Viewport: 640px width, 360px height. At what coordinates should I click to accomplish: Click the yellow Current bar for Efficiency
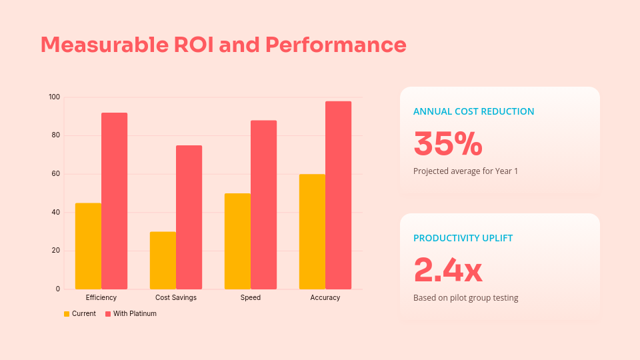88,246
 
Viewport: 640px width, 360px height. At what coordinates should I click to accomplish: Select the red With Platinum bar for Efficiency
114,201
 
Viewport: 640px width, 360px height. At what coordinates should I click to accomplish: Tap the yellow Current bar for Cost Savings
163,260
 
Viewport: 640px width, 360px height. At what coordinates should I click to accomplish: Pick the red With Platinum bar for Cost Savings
189,217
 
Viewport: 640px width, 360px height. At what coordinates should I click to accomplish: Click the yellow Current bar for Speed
237,241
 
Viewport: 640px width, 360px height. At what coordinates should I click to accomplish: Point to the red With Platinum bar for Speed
263,205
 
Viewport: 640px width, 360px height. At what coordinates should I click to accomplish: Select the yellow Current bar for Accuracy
312,231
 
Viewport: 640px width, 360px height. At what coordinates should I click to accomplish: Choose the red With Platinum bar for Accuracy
338,195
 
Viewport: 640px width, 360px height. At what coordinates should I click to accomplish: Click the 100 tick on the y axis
54,97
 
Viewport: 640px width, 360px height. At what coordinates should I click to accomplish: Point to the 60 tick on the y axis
56,174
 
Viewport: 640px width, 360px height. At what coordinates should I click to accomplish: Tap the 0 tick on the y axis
58,289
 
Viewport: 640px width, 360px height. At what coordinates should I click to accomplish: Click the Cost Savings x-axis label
176,297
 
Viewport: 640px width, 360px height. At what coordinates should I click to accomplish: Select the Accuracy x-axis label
325,297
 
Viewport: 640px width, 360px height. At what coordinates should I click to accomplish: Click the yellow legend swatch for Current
67,314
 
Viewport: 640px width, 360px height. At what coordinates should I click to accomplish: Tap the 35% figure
447,143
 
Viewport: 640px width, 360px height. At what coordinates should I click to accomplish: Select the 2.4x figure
447,270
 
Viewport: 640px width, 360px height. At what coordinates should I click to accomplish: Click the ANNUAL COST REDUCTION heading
473,111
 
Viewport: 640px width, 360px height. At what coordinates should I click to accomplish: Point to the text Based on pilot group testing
465,298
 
